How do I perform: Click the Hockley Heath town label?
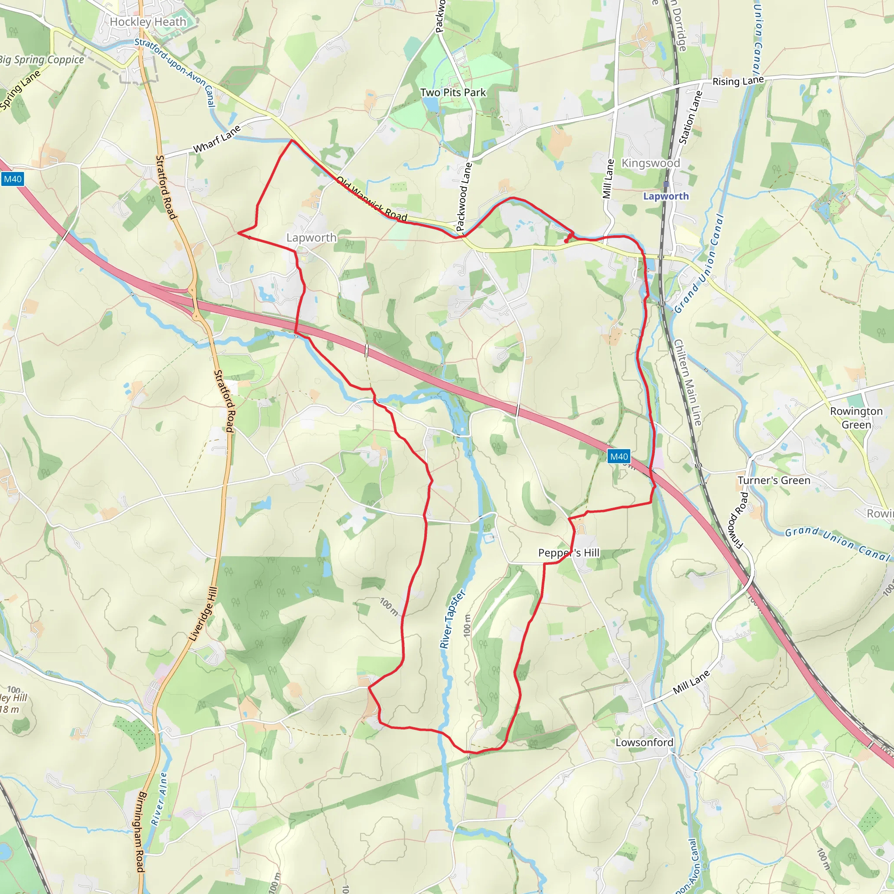click(x=148, y=22)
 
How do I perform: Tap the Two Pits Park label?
click(x=453, y=93)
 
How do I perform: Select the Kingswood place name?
click(x=650, y=163)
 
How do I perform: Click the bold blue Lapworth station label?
click(x=666, y=196)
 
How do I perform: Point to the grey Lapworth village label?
click(x=311, y=238)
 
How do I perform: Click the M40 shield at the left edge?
click(x=13, y=179)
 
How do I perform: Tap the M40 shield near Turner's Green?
click(x=619, y=457)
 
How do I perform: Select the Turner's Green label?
click(x=774, y=480)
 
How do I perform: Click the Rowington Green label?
click(x=856, y=418)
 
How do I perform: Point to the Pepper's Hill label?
click(x=569, y=553)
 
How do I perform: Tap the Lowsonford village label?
click(x=644, y=742)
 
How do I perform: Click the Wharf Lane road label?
click(x=217, y=139)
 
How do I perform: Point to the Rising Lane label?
click(x=738, y=81)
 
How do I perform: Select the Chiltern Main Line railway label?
click(x=687, y=382)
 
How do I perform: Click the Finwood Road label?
click(x=738, y=521)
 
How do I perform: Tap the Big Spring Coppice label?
click(x=41, y=60)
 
